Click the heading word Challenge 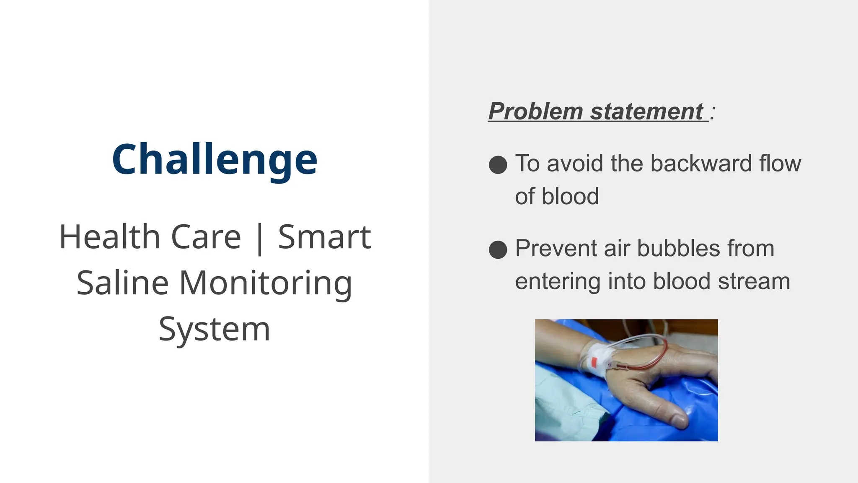(x=214, y=159)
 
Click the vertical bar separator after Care (x=260, y=238)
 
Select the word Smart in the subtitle (x=324, y=237)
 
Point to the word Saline (x=122, y=283)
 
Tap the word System (x=214, y=330)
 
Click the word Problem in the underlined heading (x=535, y=112)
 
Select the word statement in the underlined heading (x=646, y=112)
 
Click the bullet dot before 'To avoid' (x=498, y=164)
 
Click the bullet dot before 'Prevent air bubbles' (x=498, y=249)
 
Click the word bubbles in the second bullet (x=678, y=248)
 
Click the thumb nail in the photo (x=678, y=421)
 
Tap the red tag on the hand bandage (x=594, y=361)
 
